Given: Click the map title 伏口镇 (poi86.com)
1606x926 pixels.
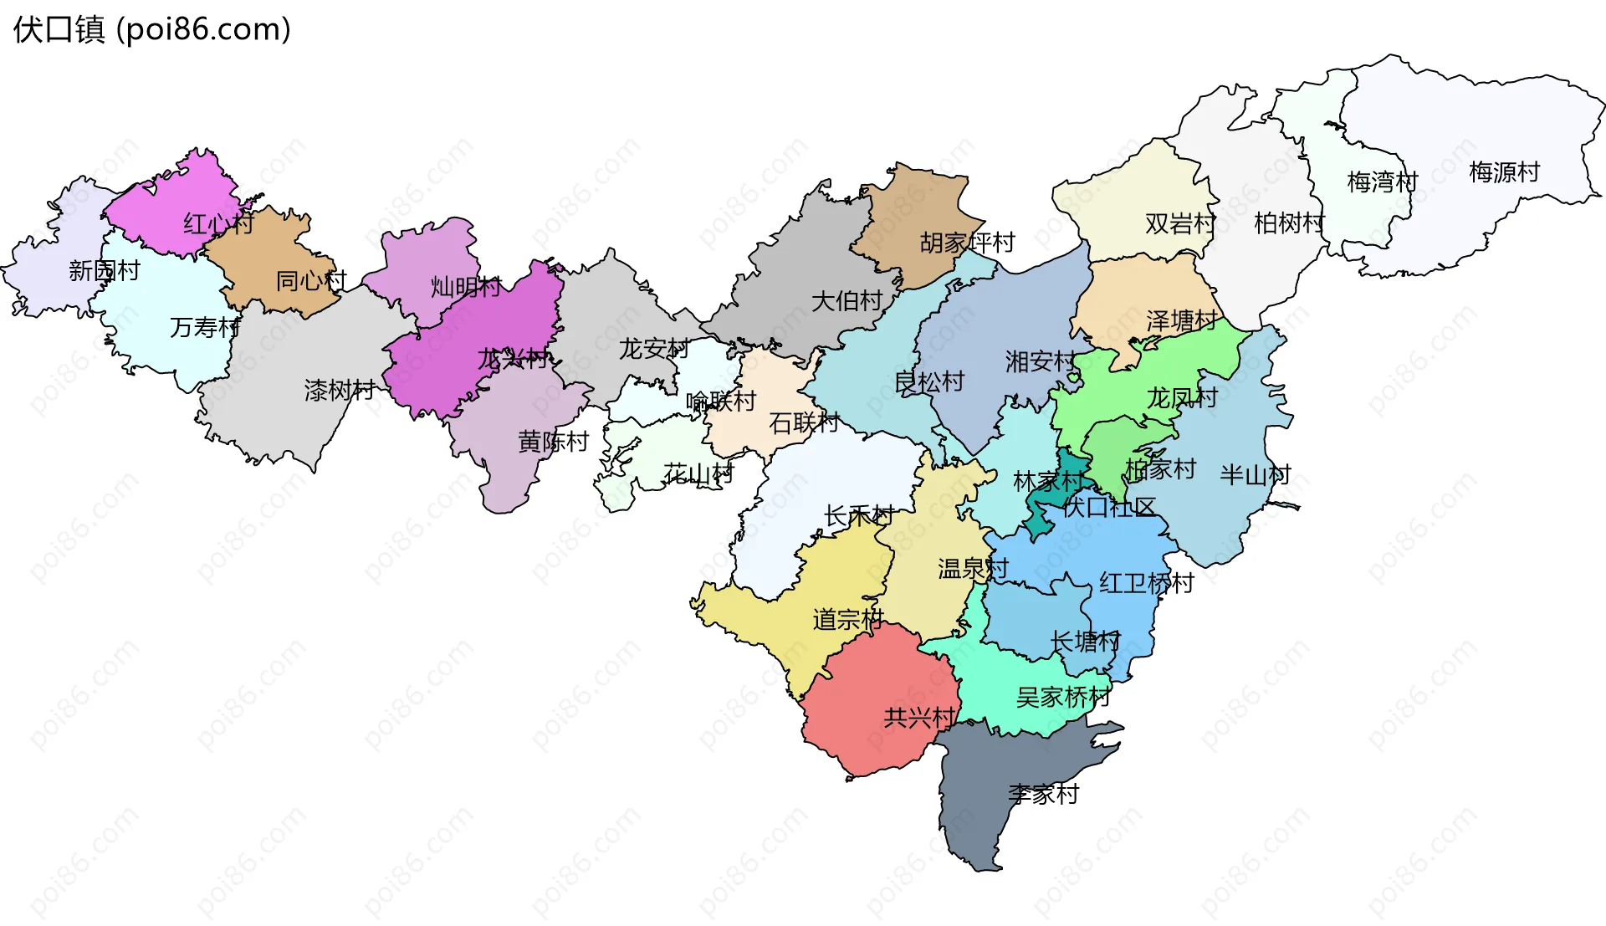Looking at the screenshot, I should pyautogui.click(x=151, y=29).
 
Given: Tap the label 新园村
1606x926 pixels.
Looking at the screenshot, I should pyautogui.click(x=105, y=271).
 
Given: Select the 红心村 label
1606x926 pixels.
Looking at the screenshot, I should pyautogui.click(x=218, y=223).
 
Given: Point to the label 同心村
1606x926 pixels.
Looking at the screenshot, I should pyautogui.click(x=311, y=281).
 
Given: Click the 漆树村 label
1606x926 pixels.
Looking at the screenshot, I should pyautogui.click(x=340, y=390).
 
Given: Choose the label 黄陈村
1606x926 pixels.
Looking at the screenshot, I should pyautogui.click(x=553, y=442).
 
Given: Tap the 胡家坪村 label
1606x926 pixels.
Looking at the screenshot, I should pyautogui.click(x=967, y=243).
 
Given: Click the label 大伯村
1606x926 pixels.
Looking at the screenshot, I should pyautogui.click(x=846, y=301).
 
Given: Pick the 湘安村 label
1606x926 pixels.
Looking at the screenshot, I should pyautogui.click(x=1041, y=361).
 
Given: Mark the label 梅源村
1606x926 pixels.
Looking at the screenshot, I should pyautogui.click(x=1504, y=172).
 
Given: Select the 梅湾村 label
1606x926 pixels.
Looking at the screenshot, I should pyautogui.click(x=1382, y=182).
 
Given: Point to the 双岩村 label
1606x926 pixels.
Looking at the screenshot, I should pyautogui.click(x=1180, y=223).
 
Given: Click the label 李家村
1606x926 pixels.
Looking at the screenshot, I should pyautogui.click(x=1043, y=794).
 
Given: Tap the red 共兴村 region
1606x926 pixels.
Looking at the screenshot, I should pyautogui.click(x=870, y=711).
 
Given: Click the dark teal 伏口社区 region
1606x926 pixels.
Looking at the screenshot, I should pyautogui.click(x=1056, y=494).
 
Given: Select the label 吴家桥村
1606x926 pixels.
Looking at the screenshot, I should pyautogui.click(x=1062, y=697).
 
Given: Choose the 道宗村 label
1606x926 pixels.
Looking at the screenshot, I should pyautogui.click(x=847, y=620).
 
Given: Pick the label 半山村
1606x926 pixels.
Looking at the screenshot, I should pyautogui.click(x=1255, y=475).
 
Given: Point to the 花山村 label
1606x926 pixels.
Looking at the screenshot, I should pyautogui.click(x=698, y=474).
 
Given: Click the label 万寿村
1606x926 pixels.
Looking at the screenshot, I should pyautogui.click(x=205, y=327).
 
